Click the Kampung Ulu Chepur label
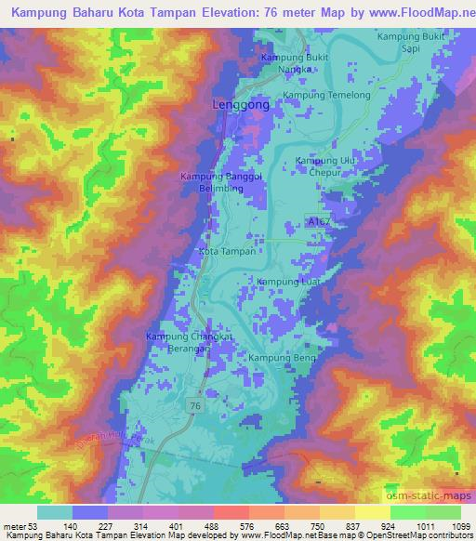click(x=325, y=166)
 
